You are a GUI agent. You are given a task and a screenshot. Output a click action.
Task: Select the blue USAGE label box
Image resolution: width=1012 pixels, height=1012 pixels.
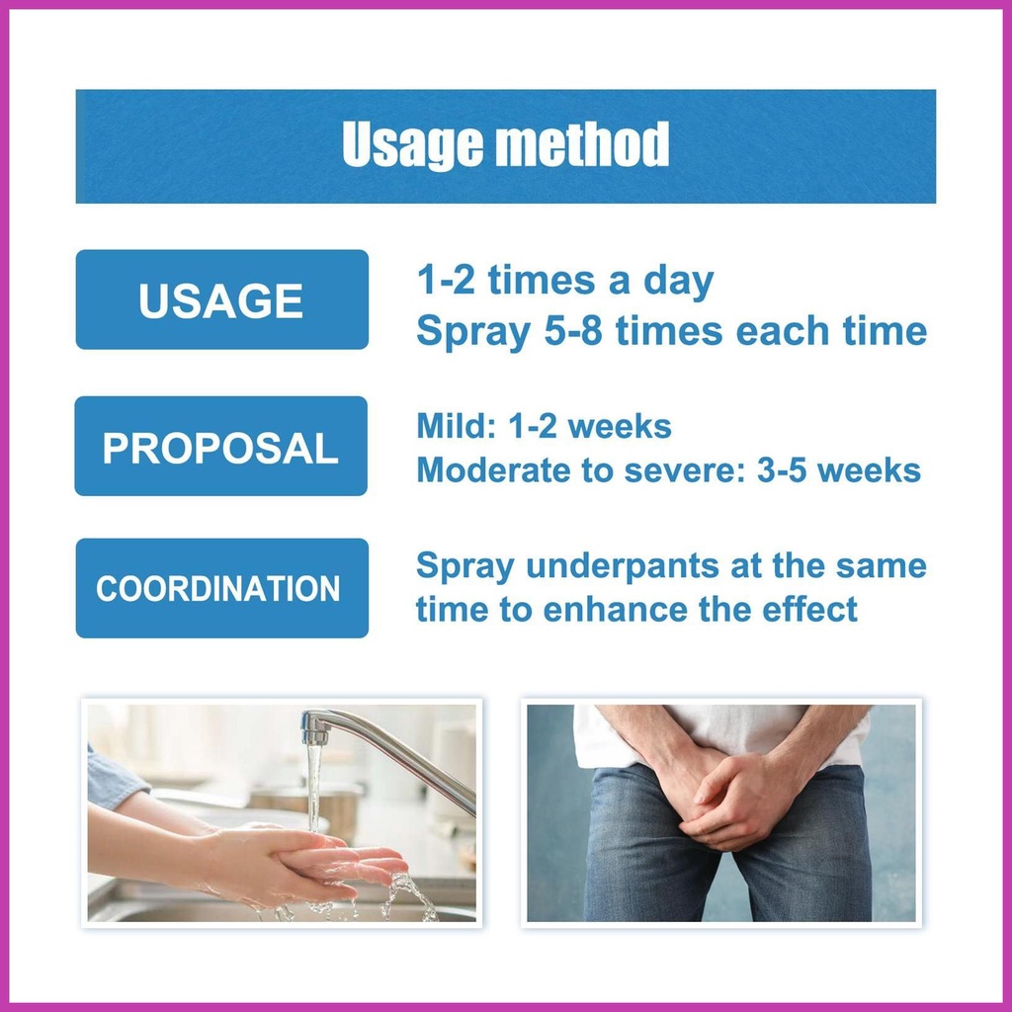(222, 299)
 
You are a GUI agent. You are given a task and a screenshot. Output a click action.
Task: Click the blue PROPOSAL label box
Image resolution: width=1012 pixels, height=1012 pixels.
(220, 446)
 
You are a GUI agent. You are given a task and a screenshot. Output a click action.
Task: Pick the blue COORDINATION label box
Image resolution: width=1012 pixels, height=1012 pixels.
(222, 588)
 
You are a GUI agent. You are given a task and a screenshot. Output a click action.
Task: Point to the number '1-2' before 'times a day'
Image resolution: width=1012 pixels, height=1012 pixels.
(446, 280)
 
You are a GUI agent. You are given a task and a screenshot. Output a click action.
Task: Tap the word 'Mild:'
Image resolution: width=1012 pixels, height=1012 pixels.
(457, 426)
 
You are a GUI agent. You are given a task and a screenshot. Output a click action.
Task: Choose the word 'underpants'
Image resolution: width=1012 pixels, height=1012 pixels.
(623, 566)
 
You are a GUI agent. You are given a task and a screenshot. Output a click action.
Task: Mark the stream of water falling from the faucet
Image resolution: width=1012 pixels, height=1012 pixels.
(313, 788)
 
